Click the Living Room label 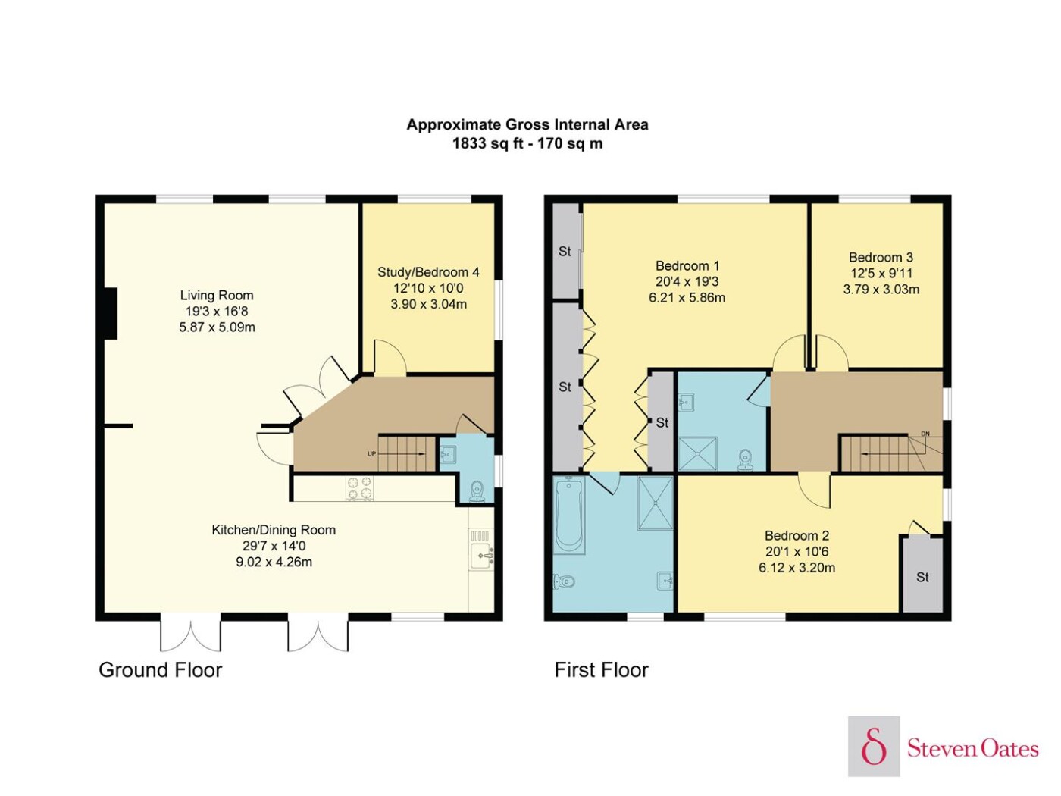coord(217,295)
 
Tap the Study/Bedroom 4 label coord(428,272)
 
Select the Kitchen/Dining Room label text coord(274,530)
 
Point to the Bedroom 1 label coord(687,266)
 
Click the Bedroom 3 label coord(881,257)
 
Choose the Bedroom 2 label coord(797,535)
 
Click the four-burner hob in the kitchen coord(360,487)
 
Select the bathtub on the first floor coord(569,516)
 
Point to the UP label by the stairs coord(371,454)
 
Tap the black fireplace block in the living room coord(111,314)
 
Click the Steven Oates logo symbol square coord(874,746)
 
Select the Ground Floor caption coord(160,670)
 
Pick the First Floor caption coord(601,670)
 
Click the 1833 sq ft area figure coord(488,143)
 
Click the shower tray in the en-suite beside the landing coord(697,453)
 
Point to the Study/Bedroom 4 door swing coord(390,357)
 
